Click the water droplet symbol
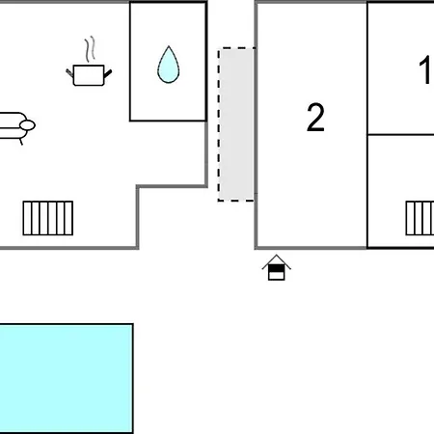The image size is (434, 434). pos(169,66)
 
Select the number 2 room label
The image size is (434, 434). pos(315,118)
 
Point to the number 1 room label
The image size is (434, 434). pos(425,69)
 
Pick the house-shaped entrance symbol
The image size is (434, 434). pos(277,267)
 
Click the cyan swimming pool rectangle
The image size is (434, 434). pos(66,378)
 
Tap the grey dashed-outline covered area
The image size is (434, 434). pos(236,124)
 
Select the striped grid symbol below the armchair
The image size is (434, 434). pos(48,218)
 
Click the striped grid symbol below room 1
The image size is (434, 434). pos(420,218)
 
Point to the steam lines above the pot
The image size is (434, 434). pos(91,49)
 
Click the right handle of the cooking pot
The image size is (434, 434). pos(108,73)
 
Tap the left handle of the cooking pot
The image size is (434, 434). pos(69,73)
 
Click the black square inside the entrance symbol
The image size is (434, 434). pos(277,268)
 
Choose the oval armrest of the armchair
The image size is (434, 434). pos(28,125)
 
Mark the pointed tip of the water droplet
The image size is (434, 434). pos(169,46)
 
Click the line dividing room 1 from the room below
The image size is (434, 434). pos(400,134)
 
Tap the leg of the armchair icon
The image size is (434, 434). pos(21,142)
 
